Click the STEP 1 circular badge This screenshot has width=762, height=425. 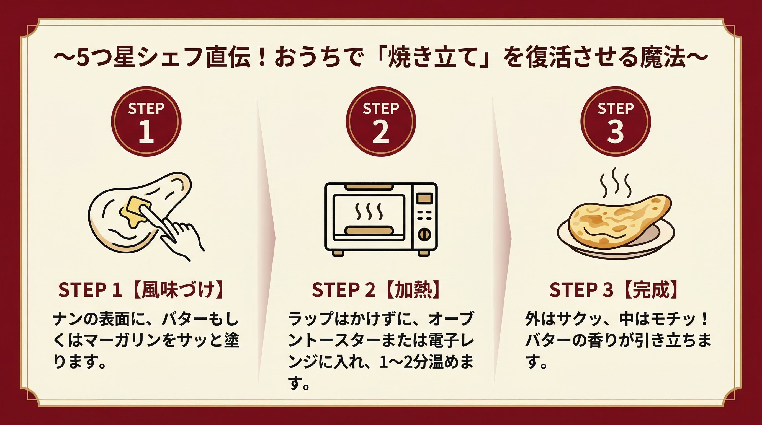tap(146, 121)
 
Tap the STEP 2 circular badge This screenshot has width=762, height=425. tap(381, 121)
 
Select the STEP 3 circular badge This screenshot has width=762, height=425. tap(615, 121)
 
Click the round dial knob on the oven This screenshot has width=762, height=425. tap(424, 235)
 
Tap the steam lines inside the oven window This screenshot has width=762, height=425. tap(369, 212)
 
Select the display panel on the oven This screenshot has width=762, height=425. tap(424, 198)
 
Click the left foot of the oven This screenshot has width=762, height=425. tap(338, 253)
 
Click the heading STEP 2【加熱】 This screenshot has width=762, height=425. tap(376, 290)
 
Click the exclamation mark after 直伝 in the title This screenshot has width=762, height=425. tap(262, 57)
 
